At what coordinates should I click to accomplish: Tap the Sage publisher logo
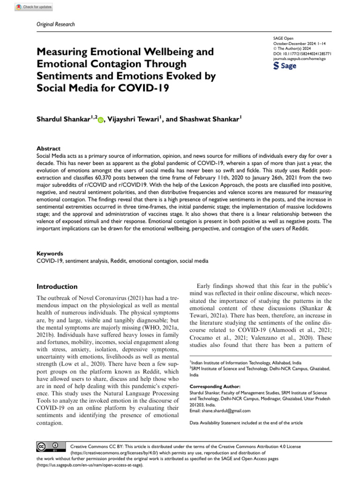[285, 66]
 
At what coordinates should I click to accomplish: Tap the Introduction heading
[57, 286]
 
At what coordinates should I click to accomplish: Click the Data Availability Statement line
[246, 423]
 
